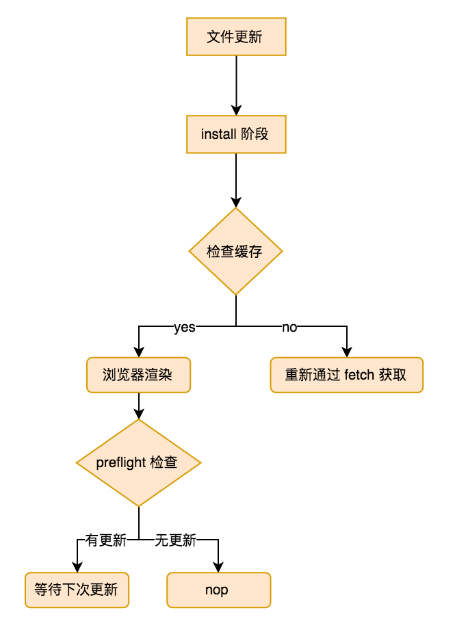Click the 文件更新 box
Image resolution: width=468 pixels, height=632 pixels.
[x=236, y=37]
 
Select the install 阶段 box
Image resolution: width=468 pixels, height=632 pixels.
[x=236, y=134]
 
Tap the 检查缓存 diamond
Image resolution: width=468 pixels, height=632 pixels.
[x=236, y=252]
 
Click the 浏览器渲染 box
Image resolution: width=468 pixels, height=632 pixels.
[x=138, y=375]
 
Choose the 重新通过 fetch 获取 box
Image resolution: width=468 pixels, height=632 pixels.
[x=346, y=375]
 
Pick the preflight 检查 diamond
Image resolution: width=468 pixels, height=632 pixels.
[x=138, y=463]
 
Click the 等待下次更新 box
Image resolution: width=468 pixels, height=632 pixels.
[x=77, y=590]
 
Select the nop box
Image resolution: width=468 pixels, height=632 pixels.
[x=218, y=590]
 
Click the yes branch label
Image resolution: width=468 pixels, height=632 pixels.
[x=184, y=328]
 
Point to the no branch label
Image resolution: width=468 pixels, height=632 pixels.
[x=289, y=328]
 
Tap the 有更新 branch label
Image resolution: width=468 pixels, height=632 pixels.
[x=106, y=541]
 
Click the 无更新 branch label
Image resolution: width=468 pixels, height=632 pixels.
[x=176, y=541]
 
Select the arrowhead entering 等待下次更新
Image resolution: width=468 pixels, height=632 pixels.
[x=77, y=566]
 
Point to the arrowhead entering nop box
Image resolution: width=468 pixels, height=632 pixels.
[x=218, y=566]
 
